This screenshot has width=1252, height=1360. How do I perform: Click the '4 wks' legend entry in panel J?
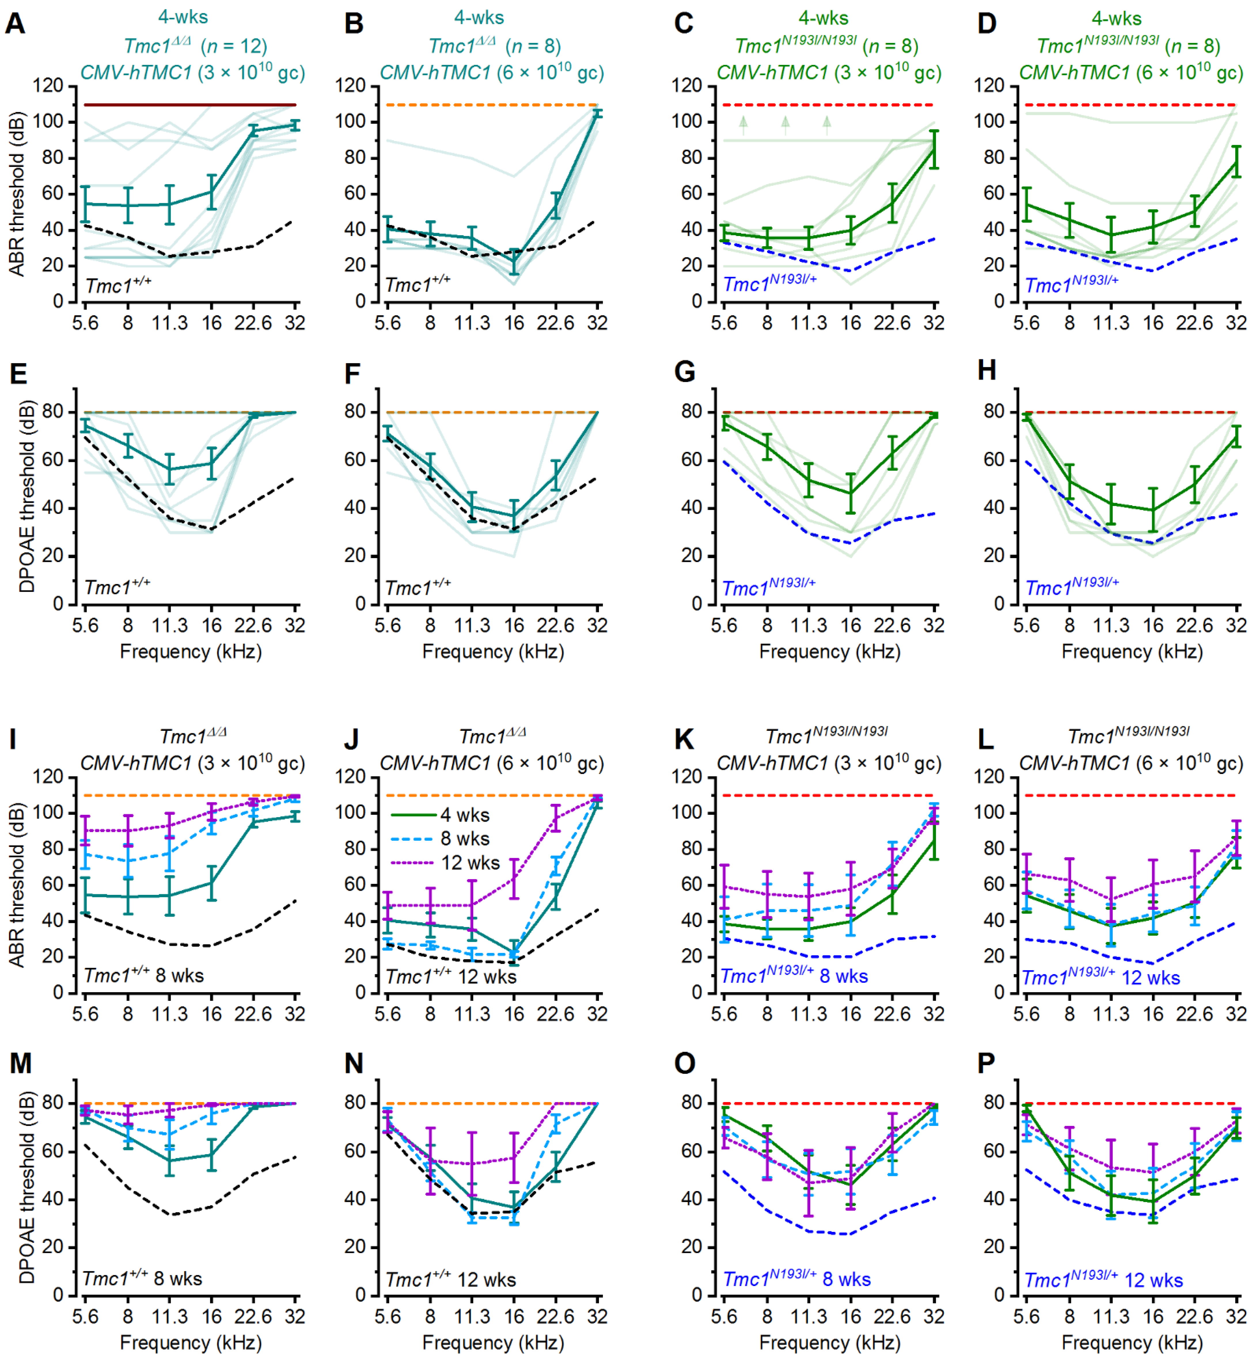[465, 815]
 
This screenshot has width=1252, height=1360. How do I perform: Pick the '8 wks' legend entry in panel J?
[465, 838]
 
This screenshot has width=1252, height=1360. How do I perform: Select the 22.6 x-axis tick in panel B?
[555, 323]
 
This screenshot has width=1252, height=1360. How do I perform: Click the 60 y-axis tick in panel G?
[691, 460]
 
